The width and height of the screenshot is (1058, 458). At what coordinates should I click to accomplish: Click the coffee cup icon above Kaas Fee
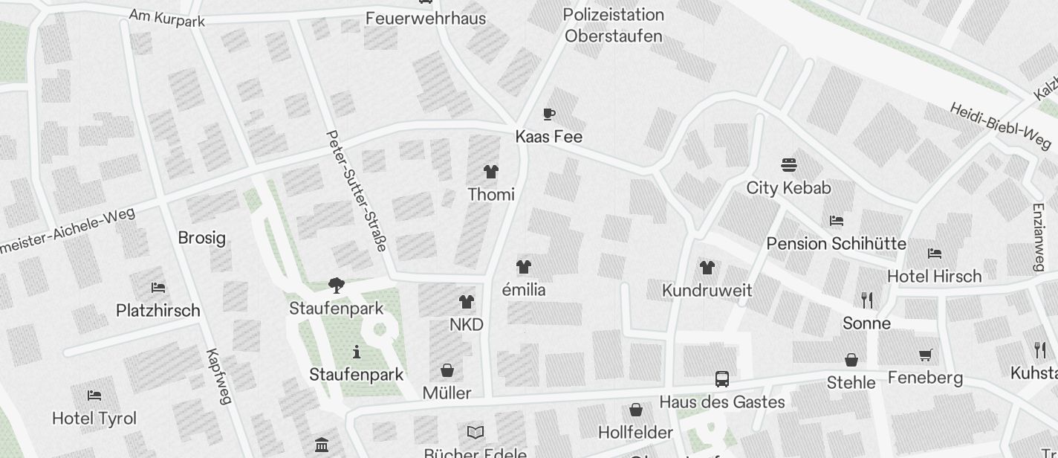click(x=549, y=114)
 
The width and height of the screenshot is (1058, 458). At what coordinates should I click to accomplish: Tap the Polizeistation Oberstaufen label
click(x=614, y=25)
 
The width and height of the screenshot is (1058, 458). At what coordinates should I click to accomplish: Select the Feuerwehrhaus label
click(x=425, y=18)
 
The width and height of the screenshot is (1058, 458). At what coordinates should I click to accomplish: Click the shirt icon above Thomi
click(x=490, y=172)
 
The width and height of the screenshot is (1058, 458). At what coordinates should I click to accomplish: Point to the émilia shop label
click(x=524, y=290)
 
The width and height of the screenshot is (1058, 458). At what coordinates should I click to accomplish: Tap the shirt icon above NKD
click(x=466, y=301)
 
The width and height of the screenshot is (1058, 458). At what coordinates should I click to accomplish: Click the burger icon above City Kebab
click(x=788, y=164)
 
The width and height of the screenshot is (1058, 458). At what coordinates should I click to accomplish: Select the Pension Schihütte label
click(x=836, y=244)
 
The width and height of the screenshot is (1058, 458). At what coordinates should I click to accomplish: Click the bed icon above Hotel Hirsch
click(x=935, y=254)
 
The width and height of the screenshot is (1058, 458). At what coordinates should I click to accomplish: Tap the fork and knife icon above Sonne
click(x=866, y=300)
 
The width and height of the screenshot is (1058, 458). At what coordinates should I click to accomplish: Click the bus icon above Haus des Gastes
click(x=721, y=378)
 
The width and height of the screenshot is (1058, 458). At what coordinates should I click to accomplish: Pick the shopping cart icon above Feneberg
click(x=925, y=355)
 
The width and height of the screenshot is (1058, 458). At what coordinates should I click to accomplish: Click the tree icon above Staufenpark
click(x=337, y=286)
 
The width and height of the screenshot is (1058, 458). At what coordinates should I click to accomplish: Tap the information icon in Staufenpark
click(x=357, y=351)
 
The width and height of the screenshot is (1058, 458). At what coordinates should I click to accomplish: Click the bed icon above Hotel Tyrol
click(x=94, y=395)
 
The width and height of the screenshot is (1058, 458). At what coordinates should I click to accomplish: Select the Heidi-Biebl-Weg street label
click(x=1001, y=125)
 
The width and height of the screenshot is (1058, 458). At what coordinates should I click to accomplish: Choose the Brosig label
click(x=201, y=238)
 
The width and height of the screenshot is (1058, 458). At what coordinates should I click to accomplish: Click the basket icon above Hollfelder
click(x=636, y=409)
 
